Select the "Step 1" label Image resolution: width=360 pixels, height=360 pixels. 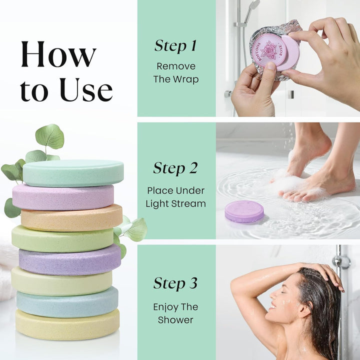click(175, 46)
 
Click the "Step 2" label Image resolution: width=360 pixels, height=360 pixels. click(175, 168)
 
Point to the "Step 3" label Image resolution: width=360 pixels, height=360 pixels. click(175, 283)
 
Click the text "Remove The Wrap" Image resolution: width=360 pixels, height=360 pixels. click(176, 72)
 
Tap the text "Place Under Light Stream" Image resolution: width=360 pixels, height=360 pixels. click(175, 196)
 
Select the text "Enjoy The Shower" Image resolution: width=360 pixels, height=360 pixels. click(175, 313)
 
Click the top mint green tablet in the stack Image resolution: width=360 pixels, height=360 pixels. click(73, 172)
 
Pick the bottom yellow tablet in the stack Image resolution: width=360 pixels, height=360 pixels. click(67, 324)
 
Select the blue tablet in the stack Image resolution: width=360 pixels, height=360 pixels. click(67, 301)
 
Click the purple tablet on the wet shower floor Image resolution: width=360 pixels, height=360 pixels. click(244, 211)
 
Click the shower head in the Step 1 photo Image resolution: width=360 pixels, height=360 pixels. click(253, 6)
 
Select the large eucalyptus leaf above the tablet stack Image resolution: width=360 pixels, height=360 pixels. click(49, 136)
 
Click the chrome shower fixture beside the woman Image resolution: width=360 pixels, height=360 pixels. click(342, 262)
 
